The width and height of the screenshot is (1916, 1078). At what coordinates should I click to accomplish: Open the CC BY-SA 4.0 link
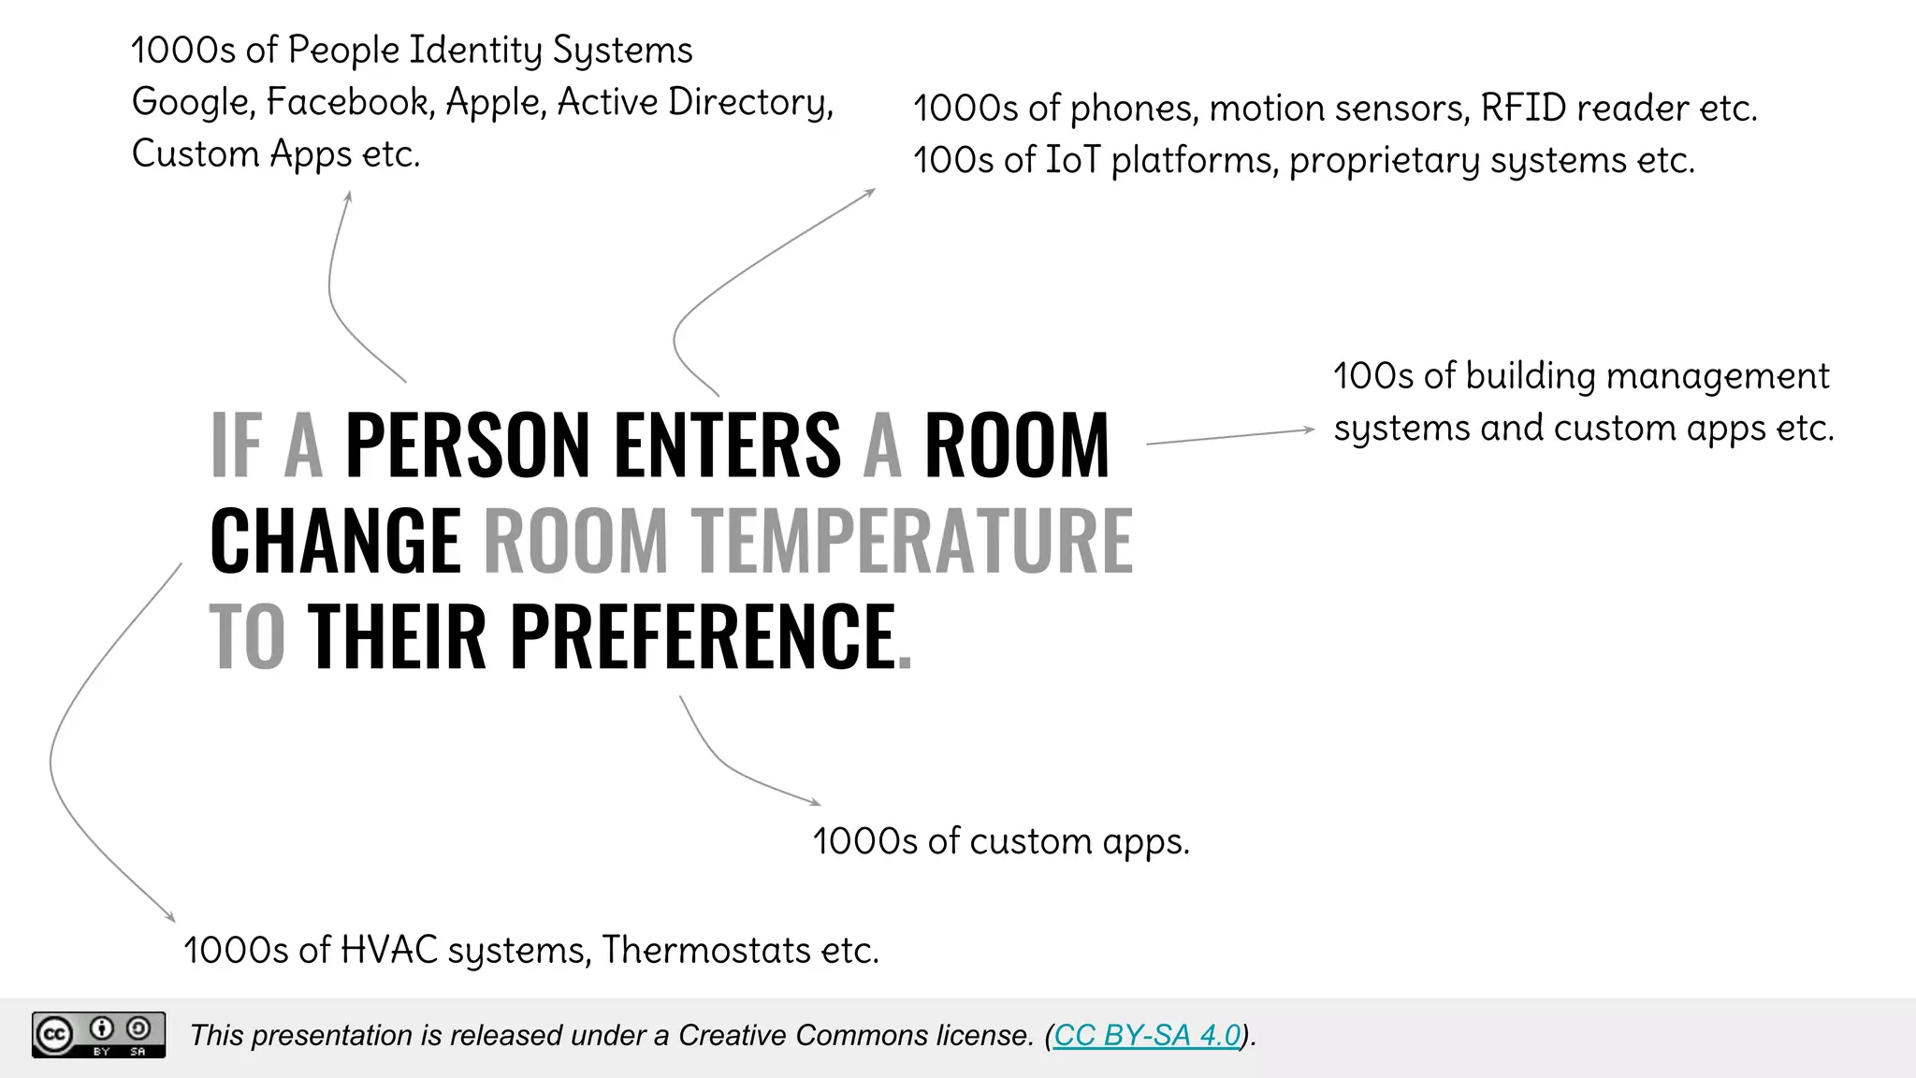tap(1147, 1035)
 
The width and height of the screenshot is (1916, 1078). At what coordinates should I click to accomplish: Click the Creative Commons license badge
tap(98, 1035)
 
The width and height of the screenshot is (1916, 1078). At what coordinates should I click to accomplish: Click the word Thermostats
tap(705, 950)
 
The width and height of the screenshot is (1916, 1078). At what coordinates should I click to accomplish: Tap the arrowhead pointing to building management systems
tap(1311, 430)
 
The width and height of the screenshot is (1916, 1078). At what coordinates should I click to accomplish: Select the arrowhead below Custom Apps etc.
tap(348, 196)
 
